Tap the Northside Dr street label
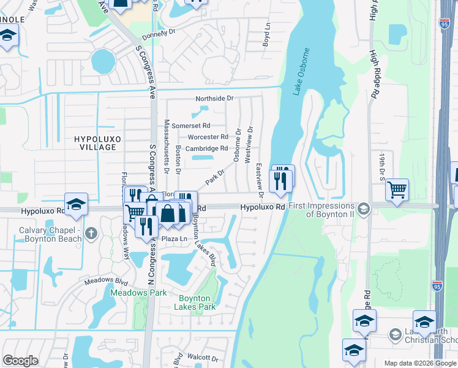pos(214,98)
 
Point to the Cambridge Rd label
pos(207,148)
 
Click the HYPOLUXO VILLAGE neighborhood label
pos(95,144)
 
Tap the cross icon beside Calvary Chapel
pos(91,233)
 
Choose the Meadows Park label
pos(138,293)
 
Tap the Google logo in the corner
pos(21,360)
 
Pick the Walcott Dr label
pos(203,358)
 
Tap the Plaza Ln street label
pos(173,238)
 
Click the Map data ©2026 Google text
pos(420,363)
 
